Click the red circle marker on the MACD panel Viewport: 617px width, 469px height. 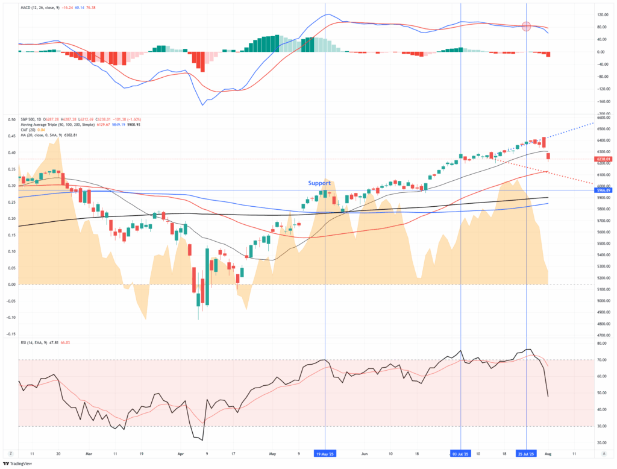point(526,27)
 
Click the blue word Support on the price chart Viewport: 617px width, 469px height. point(319,183)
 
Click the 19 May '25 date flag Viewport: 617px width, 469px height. point(325,452)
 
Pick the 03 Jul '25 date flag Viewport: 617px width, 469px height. point(461,452)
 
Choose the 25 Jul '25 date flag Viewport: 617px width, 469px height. point(526,452)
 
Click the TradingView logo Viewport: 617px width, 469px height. point(17,463)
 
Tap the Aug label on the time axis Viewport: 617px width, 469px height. point(547,452)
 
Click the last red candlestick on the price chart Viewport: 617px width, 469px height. point(548,157)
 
